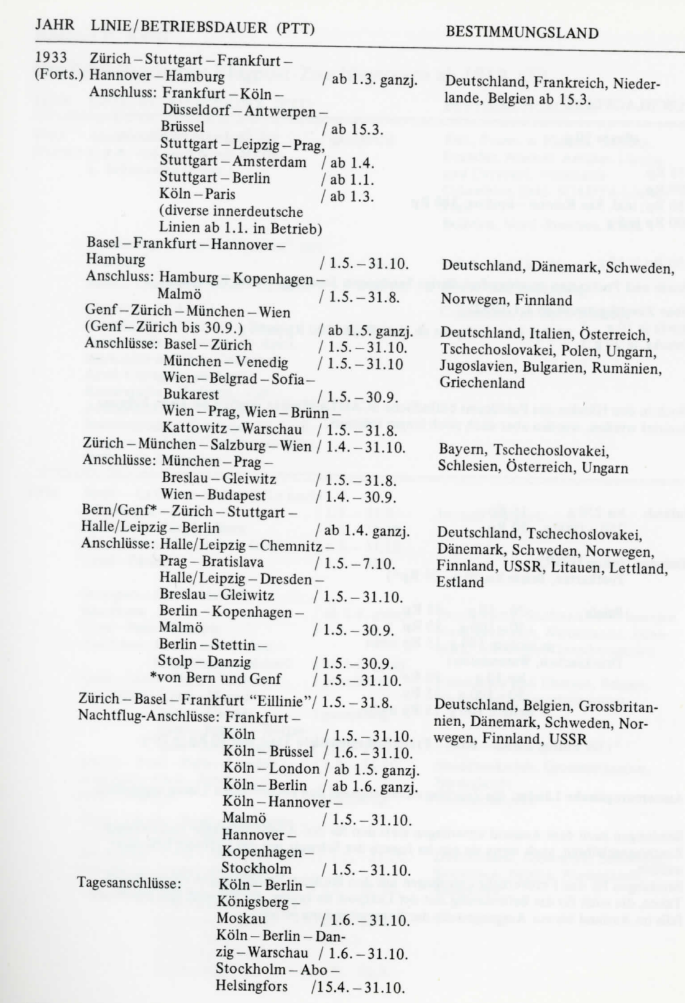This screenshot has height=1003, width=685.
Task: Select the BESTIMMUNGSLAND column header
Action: (x=522, y=32)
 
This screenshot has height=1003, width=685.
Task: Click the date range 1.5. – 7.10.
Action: (x=355, y=563)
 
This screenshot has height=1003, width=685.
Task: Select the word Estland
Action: (x=461, y=583)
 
